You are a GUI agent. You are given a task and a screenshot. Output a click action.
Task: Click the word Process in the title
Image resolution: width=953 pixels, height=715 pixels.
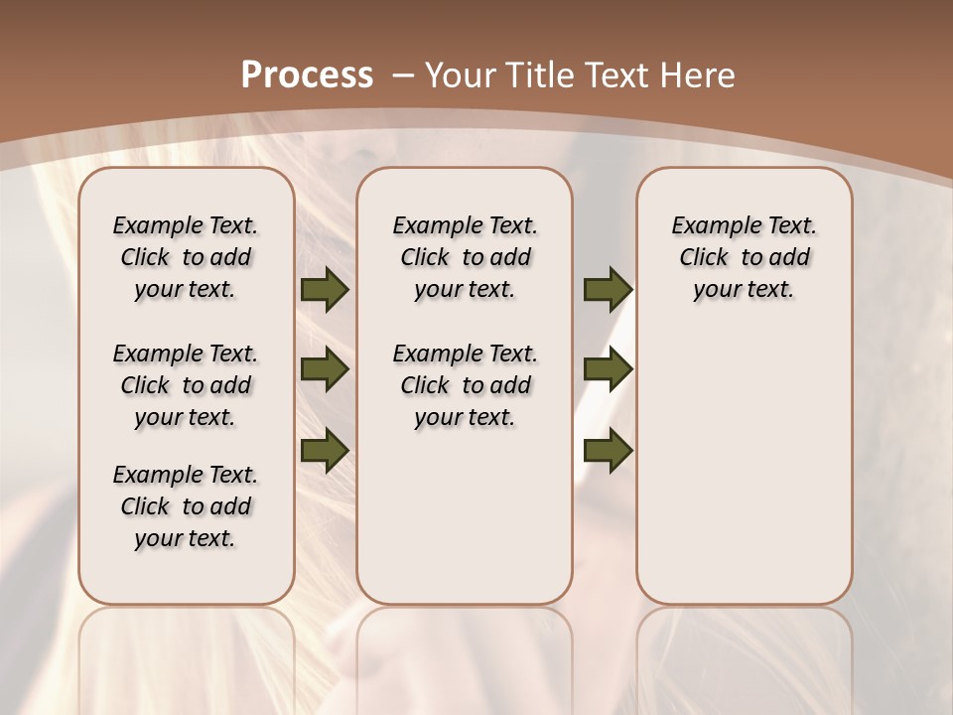[307, 74]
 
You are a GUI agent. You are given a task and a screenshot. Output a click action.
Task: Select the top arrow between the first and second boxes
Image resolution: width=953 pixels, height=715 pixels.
[325, 290]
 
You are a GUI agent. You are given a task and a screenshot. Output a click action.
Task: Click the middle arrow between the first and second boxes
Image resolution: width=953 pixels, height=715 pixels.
[325, 369]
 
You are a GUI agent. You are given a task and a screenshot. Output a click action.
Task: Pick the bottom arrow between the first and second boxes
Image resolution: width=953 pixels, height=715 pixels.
[325, 449]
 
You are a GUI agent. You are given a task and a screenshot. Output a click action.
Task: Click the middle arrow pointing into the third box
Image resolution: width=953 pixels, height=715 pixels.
[608, 369]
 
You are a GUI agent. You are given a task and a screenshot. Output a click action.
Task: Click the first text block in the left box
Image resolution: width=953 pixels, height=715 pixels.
[186, 257]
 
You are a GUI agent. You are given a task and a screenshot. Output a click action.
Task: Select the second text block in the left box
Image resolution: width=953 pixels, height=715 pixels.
[186, 385]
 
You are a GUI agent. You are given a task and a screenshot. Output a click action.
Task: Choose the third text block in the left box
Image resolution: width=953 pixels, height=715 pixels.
[186, 506]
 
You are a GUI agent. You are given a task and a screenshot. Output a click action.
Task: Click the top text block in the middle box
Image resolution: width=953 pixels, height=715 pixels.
[465, 257]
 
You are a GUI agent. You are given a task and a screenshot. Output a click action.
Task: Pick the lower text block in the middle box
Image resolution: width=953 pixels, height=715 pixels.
[465, 385]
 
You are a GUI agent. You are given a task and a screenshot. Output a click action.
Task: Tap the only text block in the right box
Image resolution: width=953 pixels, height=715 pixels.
[744, 257]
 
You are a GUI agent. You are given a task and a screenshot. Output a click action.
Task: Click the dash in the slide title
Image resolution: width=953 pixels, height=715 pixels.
[403, 75]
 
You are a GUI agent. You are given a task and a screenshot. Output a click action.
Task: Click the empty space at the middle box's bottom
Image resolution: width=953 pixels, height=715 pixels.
[465, 526]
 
